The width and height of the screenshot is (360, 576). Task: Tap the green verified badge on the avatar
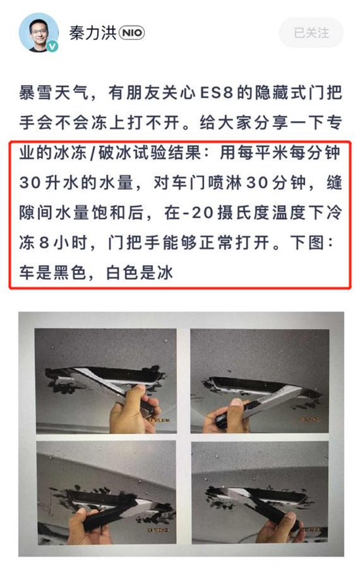pyautogui.click(x=52, y=46)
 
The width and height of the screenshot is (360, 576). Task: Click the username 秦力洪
pyautogui.click(x=93, y=33)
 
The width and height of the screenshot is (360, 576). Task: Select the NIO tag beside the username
pyautogui.click(x=132, y=33)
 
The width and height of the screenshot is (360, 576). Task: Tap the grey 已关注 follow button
pyautogui.click(x=312, y=33)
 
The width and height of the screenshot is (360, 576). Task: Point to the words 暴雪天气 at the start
pyautogui.click(x=54, y=93)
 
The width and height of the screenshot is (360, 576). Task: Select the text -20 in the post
pyautogui.click(x=198, y=213)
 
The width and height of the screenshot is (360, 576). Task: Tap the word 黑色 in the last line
pyautogui.click(x=70, y=273)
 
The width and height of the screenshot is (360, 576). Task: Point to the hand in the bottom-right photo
pyautogui.click(x=279, y=528)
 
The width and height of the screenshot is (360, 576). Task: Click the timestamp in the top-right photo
pyautogui.click(x=309, y=420)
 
